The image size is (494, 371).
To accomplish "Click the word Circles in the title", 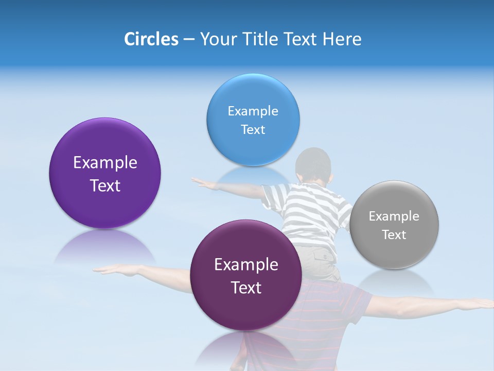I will (x=151, y=39).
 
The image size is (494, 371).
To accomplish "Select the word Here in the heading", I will (x=342, y=39).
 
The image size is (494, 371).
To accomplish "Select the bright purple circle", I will (x=105, y=206).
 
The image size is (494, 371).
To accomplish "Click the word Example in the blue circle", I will (x=253, y=111).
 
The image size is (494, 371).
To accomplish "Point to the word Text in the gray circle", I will (x=394, y=235).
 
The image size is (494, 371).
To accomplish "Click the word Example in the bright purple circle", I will (x=105, y=163).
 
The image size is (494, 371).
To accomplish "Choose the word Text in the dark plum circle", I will (x=246, y=288).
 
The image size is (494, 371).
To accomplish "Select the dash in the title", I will (x=188, y=39).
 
